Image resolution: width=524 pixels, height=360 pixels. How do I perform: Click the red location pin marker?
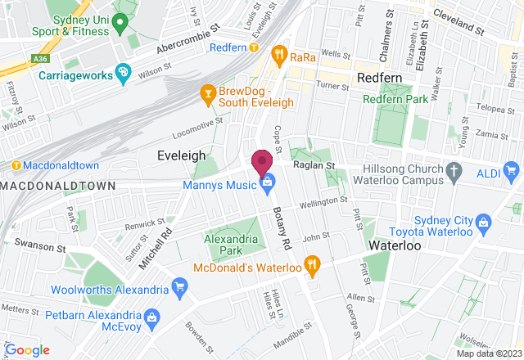click(262, 160)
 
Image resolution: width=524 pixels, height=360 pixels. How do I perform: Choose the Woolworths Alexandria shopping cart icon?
click(180, 286)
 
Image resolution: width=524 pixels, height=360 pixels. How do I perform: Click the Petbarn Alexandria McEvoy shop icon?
click(151, 317)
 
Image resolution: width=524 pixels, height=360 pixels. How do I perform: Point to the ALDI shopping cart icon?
click(513, 171)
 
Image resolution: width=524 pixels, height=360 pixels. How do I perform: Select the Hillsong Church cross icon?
click(455, 171)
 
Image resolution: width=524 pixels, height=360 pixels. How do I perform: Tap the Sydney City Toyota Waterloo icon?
click(483, 221)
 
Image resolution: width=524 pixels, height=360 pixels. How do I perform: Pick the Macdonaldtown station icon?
click(16, 165)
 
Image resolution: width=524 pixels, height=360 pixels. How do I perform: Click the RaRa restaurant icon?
click(280, 56)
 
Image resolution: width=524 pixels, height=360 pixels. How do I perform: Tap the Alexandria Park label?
click(225, 245)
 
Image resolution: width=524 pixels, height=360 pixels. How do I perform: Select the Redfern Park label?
click(395, 98)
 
